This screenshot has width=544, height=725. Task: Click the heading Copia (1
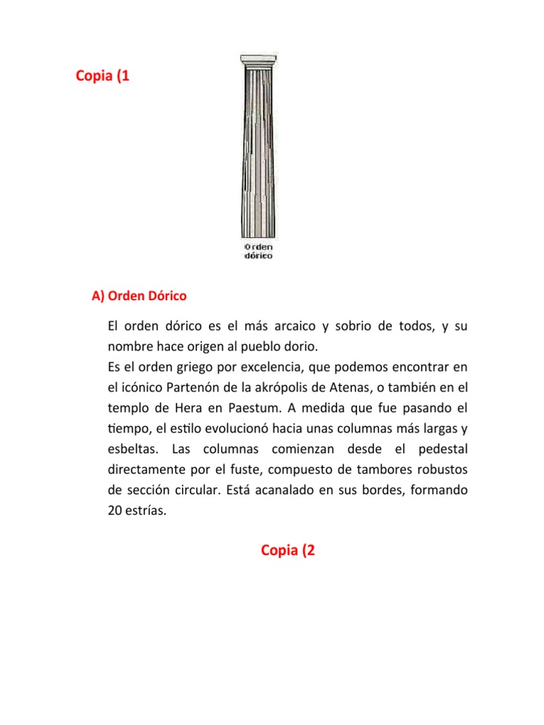pos(103,76)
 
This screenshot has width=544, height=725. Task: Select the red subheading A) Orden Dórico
pos(139,295)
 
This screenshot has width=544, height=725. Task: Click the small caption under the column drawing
pos(259,251)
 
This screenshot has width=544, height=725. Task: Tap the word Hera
pos(186,409)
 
